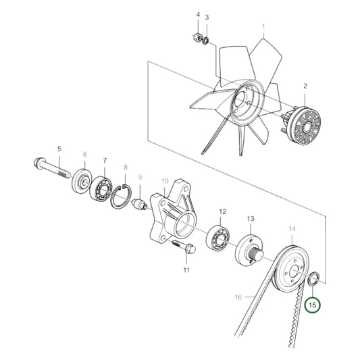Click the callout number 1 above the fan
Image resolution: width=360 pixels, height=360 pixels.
(x=264, y=28)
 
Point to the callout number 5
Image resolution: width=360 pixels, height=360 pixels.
(x=59, y=149)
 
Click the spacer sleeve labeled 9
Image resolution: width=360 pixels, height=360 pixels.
(x=140, y=205)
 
